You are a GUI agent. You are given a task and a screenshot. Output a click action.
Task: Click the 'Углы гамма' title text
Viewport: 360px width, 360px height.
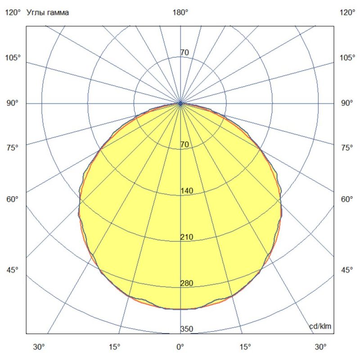[48, 13]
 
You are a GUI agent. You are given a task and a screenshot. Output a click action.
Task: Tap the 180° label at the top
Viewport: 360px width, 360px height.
[180, 13]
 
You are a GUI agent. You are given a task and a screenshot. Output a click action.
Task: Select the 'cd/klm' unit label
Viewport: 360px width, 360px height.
[321, 326]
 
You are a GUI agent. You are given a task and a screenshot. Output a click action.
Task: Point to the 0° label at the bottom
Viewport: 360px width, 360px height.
[180, 347]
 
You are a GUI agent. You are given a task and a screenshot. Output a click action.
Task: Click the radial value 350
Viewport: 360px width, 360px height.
[187, 329]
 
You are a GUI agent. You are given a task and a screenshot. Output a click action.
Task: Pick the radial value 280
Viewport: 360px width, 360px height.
[187, 283]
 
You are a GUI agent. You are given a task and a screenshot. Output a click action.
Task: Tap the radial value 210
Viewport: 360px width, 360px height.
[187, 237]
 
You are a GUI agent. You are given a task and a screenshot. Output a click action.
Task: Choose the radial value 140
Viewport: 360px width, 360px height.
[187, 191]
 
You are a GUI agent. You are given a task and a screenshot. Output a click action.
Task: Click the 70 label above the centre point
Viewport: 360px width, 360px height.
[184, 53]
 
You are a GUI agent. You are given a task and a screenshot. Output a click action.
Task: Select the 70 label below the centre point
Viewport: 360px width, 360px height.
[184, 144]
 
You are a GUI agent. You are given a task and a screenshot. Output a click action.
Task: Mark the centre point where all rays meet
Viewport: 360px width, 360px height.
[180, 103]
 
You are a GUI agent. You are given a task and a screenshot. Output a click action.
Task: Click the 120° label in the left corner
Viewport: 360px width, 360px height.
[13, 13]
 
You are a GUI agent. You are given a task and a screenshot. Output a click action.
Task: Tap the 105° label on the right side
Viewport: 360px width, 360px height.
[347, 58]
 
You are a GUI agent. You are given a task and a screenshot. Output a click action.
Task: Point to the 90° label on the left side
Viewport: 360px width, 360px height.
[13, 103]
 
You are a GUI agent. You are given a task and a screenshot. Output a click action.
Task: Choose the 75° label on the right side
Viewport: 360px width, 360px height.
[347, 148]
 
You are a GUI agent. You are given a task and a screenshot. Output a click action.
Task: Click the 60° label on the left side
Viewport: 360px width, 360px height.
[13, 199]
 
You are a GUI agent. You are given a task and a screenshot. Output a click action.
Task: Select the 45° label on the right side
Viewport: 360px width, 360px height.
[347, 270]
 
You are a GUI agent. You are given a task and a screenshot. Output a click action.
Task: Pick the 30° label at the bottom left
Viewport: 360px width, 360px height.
[39, 347]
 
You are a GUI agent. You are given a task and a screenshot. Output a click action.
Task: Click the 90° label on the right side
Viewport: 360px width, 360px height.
[347, 103]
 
